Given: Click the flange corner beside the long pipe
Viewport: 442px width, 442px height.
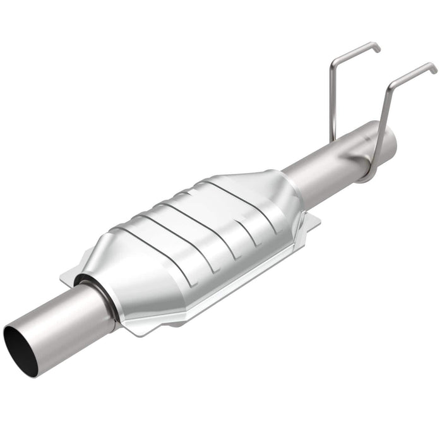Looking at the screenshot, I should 315,221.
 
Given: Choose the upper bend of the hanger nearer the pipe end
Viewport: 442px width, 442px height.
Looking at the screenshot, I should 392,85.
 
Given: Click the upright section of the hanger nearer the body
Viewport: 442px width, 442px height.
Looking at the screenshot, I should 332,101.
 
